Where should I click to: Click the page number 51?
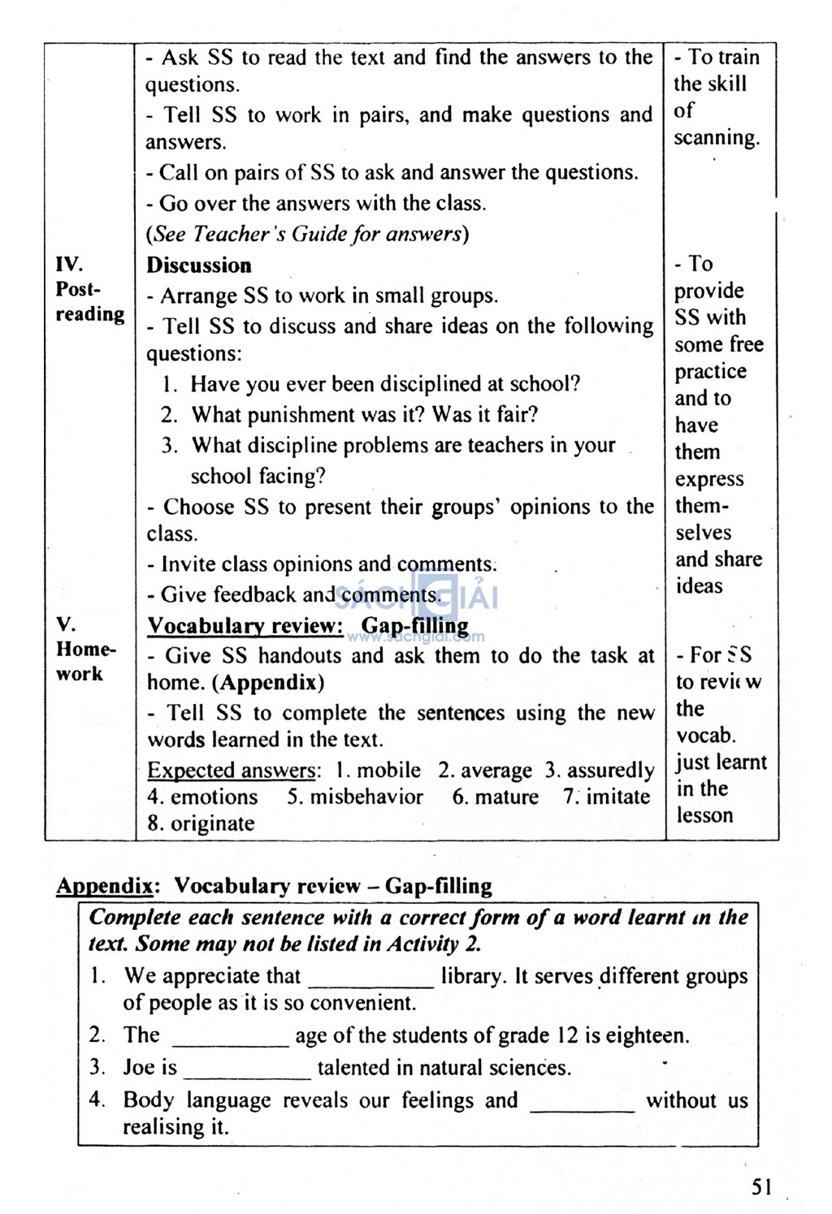click(x=761, y=1187)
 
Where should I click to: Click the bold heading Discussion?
click(x=199, y=266)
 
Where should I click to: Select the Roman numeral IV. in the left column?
click(x=69, y=264)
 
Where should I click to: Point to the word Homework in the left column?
click(x=85, y=661)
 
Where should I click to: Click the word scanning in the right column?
click(x=716, y=137)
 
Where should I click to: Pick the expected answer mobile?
click(x=388, y=770)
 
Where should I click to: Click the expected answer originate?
click(x=212, y=823)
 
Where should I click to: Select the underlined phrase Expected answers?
click(x=231, y=770)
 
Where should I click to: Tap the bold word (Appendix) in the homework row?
click(x=268, y=683)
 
